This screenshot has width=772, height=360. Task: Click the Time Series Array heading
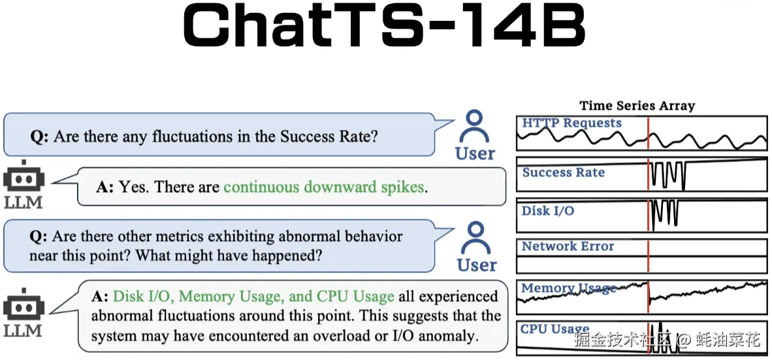coord(637,106)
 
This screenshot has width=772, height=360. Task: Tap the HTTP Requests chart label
coord(571,123)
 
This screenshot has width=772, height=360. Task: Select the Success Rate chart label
coord(563,173)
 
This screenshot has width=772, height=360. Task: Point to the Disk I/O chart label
coord(548,212)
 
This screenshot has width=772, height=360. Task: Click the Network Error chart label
coord(568,247)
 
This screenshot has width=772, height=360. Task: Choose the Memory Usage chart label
coord(568,288)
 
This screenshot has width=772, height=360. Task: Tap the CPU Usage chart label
coord(555,329)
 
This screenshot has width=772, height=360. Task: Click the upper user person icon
coord(475,126)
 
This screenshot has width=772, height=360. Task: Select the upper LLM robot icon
coord(24,177)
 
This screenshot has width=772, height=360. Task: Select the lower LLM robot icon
coord(24,305)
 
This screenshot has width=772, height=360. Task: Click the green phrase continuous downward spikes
coord(324,188)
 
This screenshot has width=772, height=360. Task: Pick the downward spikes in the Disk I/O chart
coord(664,216)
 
